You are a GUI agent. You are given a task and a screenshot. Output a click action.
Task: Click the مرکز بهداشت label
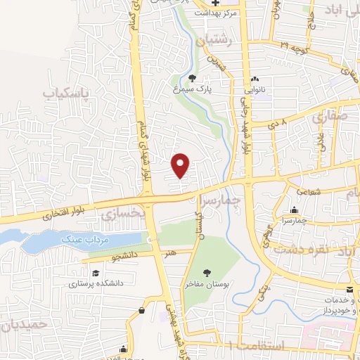coord(217,13)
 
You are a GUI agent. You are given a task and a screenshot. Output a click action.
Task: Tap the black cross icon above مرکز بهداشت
coord(217,3)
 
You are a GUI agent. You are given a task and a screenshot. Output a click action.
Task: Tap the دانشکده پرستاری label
coord(95,283)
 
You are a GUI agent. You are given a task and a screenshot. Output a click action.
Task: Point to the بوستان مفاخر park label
coord(207,284)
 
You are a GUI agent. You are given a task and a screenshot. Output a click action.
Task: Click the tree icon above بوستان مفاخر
coord(207,273)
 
